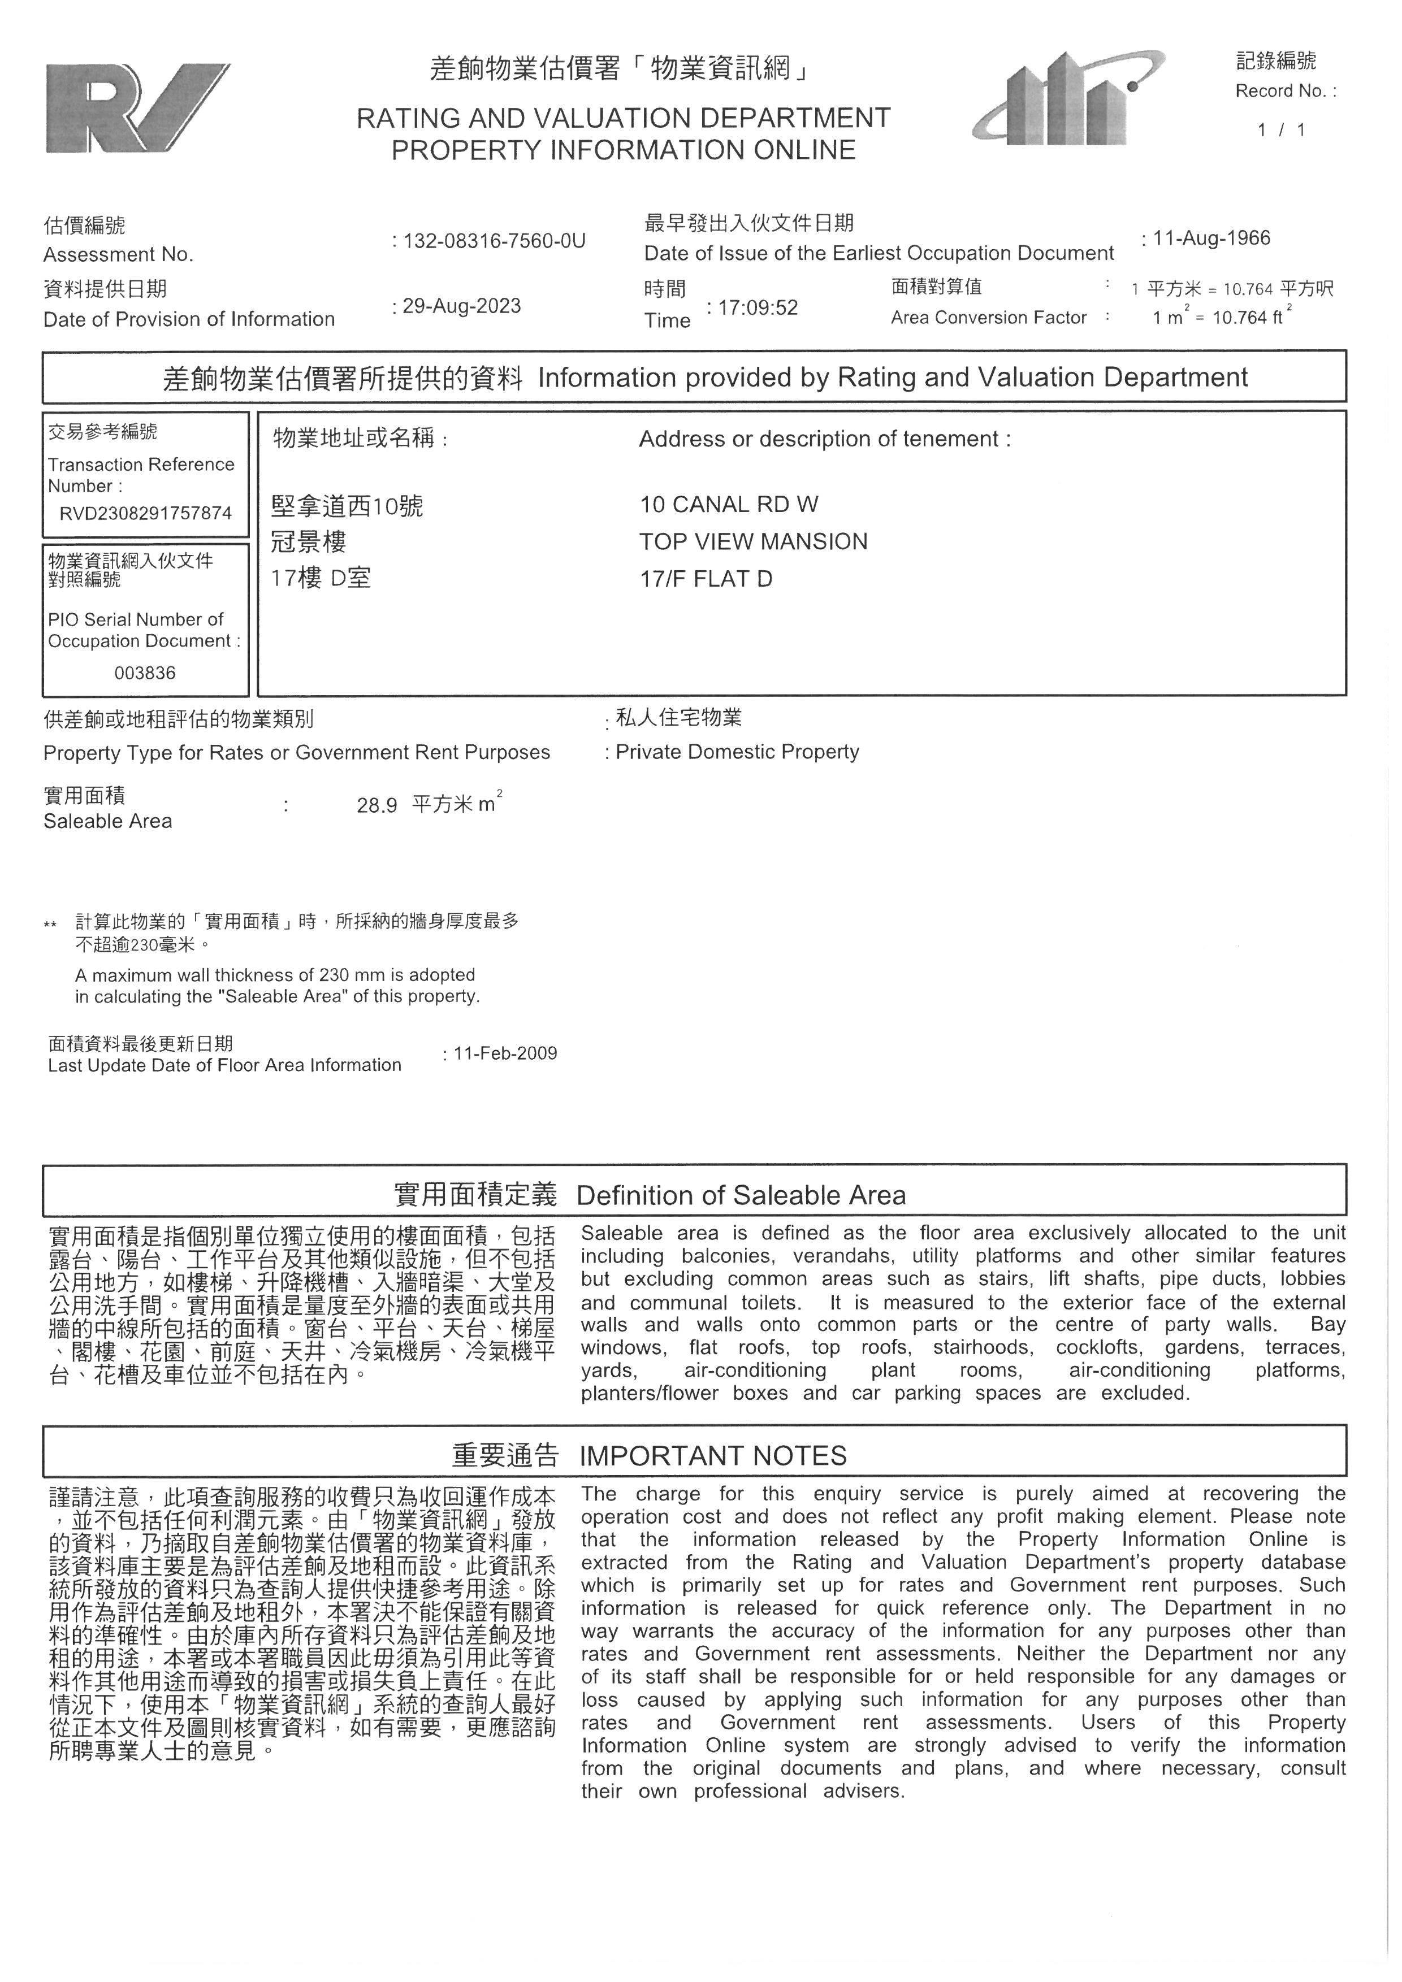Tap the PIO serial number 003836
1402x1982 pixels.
point(145,673)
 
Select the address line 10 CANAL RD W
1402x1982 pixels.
point(729,505)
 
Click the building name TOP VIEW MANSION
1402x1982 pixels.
point(753,542)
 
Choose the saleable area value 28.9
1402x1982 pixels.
point(377,805)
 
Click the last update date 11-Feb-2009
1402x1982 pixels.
point(505,1053)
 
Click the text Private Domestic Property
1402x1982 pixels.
point(737,752)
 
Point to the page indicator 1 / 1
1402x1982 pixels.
point(1281,131)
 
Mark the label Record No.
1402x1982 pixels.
point(1284,90)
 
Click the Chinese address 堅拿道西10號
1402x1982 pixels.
point(347,506)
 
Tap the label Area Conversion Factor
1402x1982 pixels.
point(989,318)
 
